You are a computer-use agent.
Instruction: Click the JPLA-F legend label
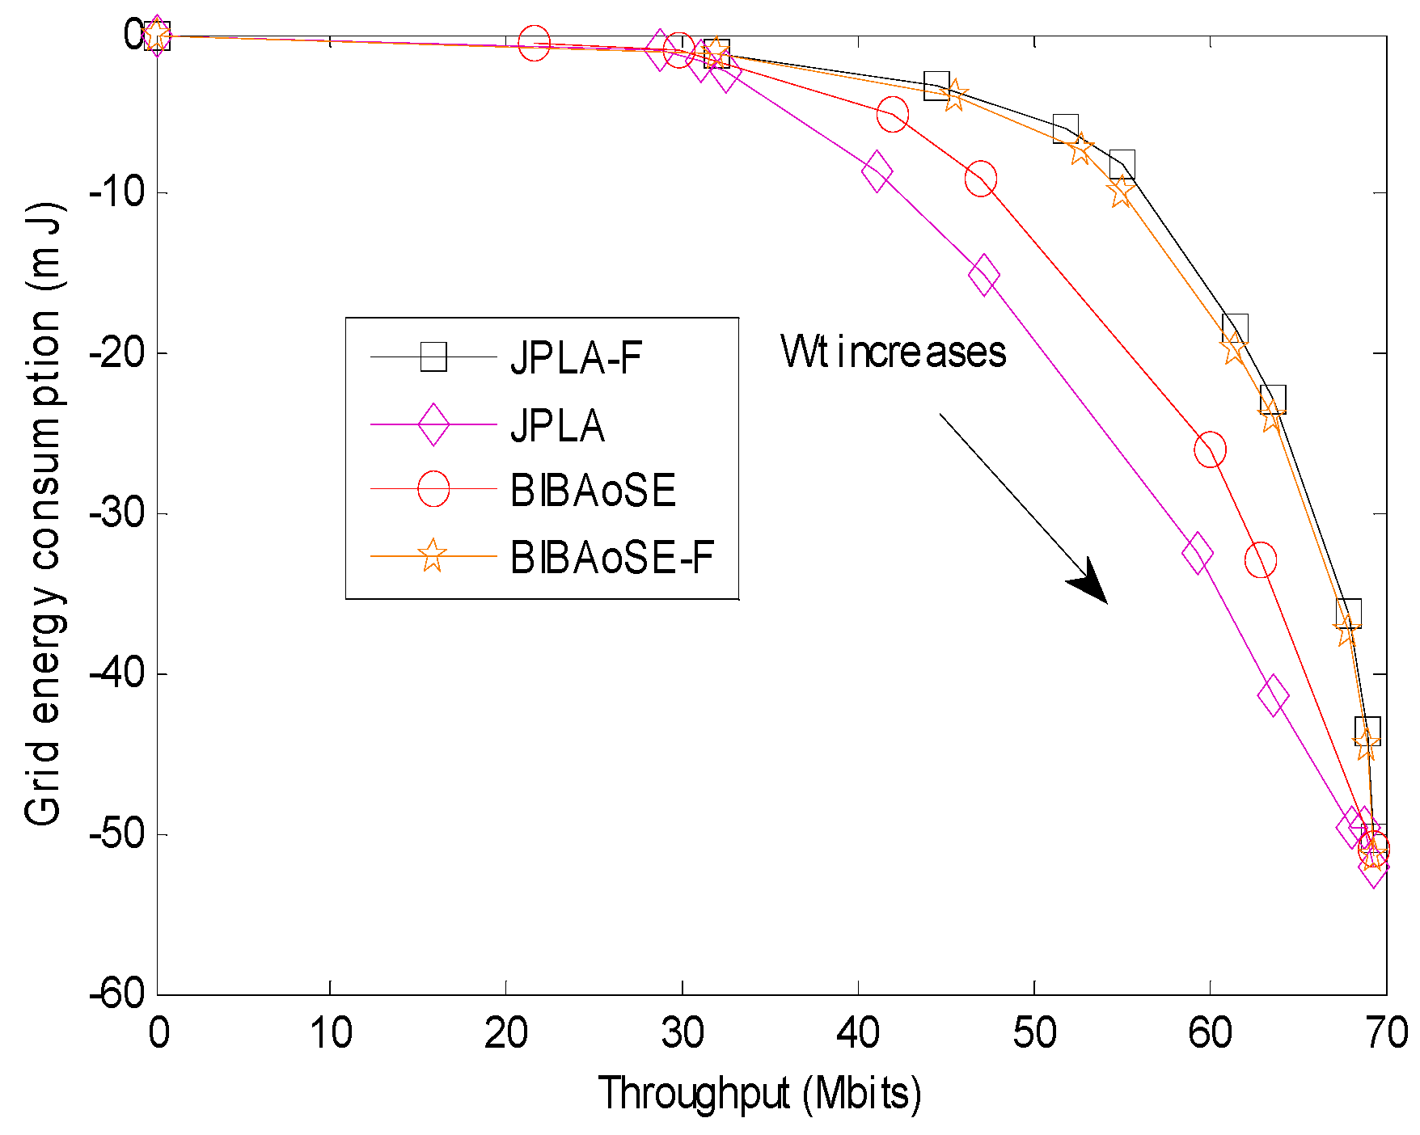coord(576,357)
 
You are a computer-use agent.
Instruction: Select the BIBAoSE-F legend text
coord(612,557)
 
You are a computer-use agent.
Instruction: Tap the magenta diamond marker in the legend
coord(433,424)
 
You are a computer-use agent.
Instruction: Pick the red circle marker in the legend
coord(433,489)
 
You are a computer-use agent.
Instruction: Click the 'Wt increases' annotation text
coord(893,352)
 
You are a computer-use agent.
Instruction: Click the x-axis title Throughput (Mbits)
coord(759,1094)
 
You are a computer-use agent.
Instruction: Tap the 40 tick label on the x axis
coord(858,1033)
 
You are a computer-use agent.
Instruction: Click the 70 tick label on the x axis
coord(1387,1033)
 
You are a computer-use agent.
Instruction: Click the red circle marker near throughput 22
coord(535,44)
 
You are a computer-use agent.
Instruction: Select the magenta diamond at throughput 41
coord(877,171)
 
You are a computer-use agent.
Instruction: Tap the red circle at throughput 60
coord(1210,449)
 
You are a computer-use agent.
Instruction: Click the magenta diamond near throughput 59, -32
coord(1197,554)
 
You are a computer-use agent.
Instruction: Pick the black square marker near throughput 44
coord(936,84)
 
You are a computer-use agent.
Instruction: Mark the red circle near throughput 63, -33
coord(1261,560)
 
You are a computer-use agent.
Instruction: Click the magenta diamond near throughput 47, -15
coord(983,276)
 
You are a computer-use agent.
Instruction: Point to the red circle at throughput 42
coord(893,115)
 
